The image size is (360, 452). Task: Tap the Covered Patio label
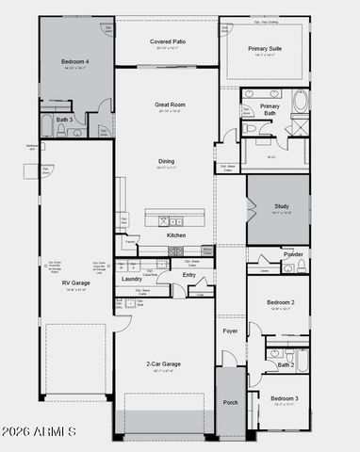[x=167, y=42]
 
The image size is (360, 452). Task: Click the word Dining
[x=166, y=161]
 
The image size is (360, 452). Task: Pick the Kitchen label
[x=176, y=235]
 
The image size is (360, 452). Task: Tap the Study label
[x=280, y=205]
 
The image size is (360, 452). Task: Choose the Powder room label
[x=292, y=254]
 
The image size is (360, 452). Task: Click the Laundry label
[x=132, y=279]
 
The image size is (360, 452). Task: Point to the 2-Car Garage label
[x=164, y=363]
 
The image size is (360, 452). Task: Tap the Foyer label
[x=230, y=331]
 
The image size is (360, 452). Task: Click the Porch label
[x=231, y=402]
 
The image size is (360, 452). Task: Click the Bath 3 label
[x=63, y=121]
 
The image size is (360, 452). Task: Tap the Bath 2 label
[x=286, y=364]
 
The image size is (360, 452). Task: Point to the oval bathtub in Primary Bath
[x=299, y=102]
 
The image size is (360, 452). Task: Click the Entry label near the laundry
[x=189, y=275]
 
